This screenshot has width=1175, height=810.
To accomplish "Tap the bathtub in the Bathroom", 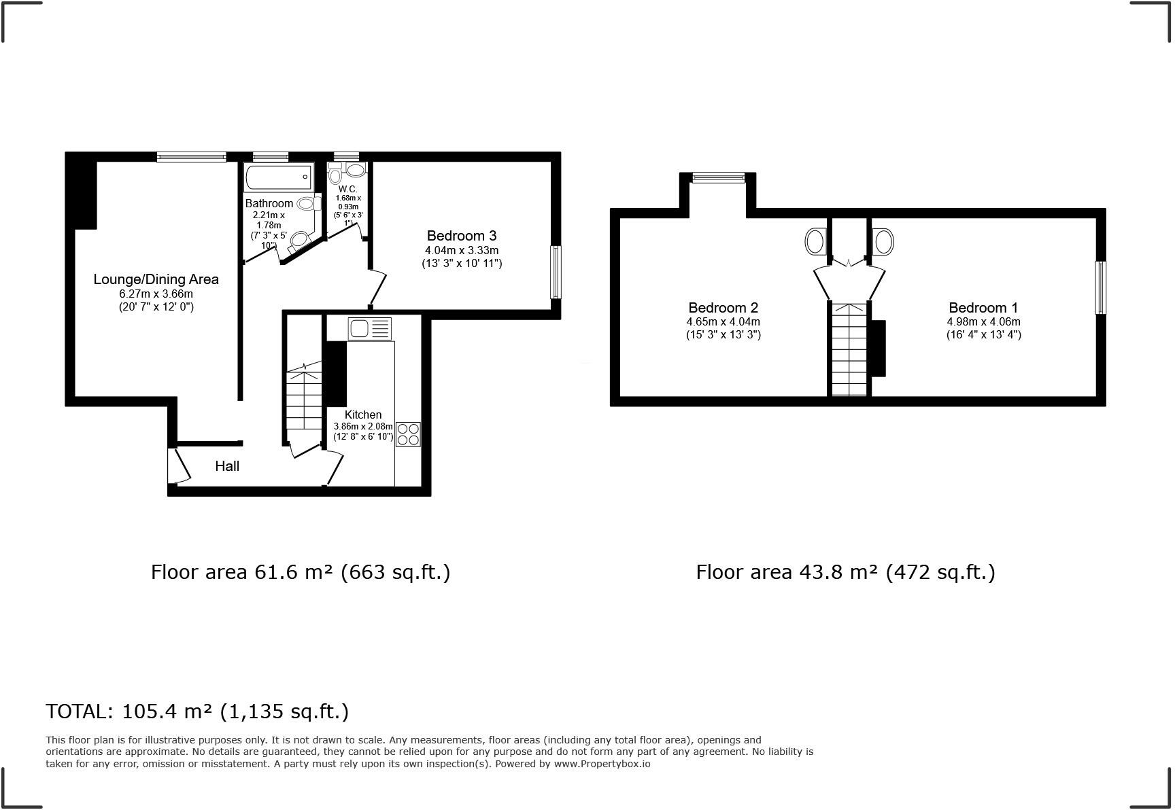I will pyautogui.click(x=279, y=177).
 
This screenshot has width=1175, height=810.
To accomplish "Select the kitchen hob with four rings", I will pyautogui.click(x=408, y=434).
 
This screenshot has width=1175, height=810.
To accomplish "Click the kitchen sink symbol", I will pyautogui.click(x=370, y=329).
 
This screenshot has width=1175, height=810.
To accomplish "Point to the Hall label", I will pyautogui.click(x=227, y=466).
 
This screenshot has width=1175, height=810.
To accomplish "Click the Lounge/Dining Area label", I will pyautogui.click(x=156, y=279).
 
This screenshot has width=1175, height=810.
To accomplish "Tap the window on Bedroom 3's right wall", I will pyautogui.click(x=556, y=272).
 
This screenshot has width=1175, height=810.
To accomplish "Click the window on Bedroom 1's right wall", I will pyautogui.click(x=1100, y=287).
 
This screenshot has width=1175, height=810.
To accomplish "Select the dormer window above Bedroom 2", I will pyautogui.click(x=718, y=178).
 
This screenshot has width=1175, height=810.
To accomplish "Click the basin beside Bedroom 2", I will pyautogui.click(x=815, y=241).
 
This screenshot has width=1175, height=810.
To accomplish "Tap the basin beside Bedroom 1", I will pyautogui.click(x=883, y=241).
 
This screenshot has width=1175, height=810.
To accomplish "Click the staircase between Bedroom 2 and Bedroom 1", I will pyautogui.click(x=849, y=349).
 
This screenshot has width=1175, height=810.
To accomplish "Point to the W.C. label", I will pyautogui.click(x=347, y=189).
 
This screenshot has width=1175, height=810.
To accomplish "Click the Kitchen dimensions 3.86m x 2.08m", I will pyautogui.click(x=363, y=426).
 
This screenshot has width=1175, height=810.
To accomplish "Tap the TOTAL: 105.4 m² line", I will pyautogui.click(x=197, y=711).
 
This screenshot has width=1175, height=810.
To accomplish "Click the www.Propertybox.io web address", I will pyautogui.click(x=602, y=764).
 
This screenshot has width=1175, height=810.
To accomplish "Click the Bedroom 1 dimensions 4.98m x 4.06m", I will pyautogui.click(x=983, y=321).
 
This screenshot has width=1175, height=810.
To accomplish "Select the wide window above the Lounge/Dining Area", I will pyautogui.click(x=191, y=157).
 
